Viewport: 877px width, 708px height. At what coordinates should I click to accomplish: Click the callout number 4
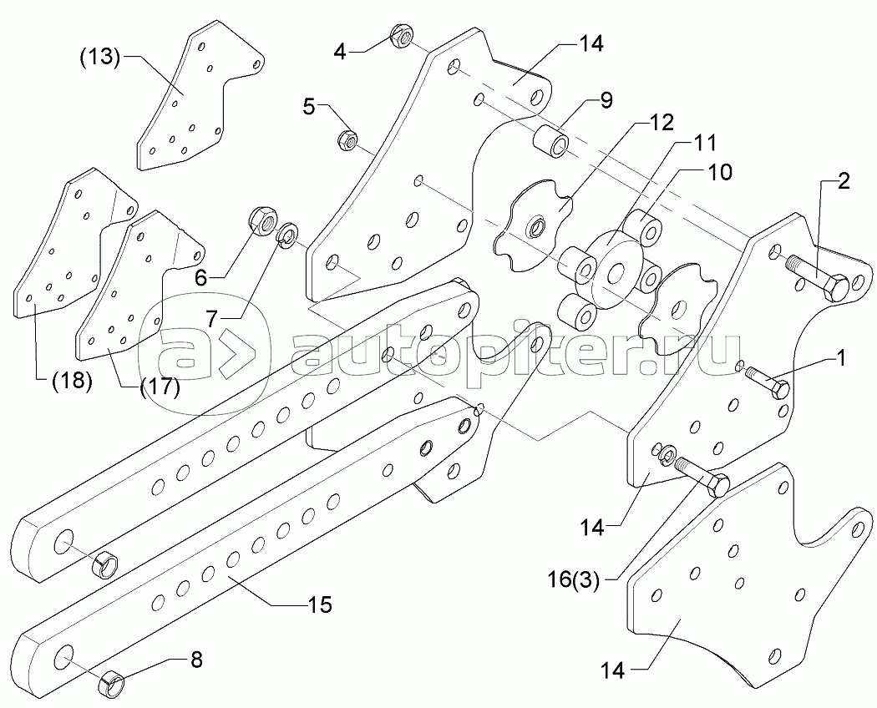click(x=339, y=52)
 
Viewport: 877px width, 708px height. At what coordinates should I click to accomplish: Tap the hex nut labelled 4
click(x=398, y=36)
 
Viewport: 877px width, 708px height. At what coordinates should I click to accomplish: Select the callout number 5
click(x=310, y=106)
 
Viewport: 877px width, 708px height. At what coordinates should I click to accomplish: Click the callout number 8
click(x=196, y=660)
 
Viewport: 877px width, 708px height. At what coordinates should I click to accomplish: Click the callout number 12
click(x=662, y=123)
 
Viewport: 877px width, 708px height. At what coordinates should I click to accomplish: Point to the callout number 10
click(x=719, y=173)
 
